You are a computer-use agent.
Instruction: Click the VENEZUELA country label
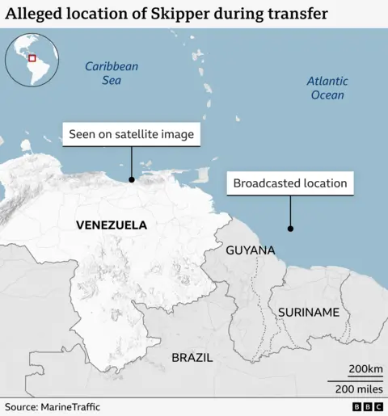[111, 225]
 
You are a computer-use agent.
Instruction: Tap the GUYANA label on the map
[250, 250]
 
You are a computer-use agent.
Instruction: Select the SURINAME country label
[308, 312]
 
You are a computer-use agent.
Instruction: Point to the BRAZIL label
[192, 357]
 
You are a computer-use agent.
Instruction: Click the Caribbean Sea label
[112, 74]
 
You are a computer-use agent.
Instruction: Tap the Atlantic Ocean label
[327, 88]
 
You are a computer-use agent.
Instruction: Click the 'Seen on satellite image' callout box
[132, 134]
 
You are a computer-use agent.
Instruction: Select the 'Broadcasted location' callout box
[290, 183]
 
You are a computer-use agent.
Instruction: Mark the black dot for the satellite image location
[132, 179]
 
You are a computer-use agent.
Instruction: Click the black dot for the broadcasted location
[290, 229]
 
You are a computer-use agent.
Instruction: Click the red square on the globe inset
[32, 57]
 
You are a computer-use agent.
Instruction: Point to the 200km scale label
[365, 369]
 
